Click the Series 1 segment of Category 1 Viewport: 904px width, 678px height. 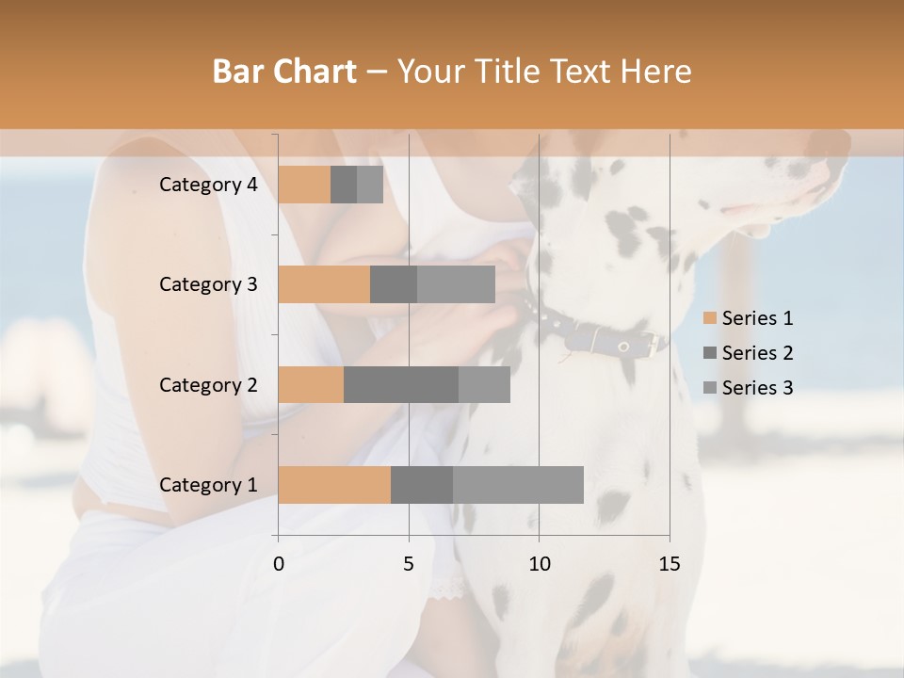334,485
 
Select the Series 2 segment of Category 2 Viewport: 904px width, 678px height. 401,384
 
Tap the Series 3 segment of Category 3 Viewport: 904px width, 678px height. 456,284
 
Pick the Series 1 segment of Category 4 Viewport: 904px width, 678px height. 304,185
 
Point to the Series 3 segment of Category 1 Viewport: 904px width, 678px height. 518,485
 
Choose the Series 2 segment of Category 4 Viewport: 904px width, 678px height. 344,185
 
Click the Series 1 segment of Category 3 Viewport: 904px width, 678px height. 324,284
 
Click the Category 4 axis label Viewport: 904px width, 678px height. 208,185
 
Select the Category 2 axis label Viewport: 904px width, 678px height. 208,384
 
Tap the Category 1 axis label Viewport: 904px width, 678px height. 208,485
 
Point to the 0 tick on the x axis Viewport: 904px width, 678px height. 279,564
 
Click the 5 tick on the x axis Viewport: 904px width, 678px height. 409,564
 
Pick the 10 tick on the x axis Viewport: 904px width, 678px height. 539,564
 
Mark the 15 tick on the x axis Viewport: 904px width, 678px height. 669,564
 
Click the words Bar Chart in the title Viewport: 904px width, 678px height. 283,72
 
